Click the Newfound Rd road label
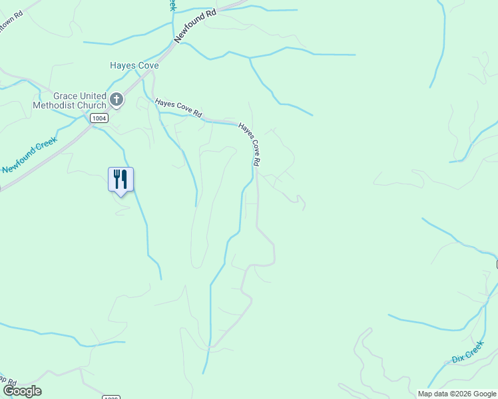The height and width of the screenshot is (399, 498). tap(196, 27)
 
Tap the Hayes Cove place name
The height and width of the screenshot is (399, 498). tap(134, 65)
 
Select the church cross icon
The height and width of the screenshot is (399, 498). tap(117, 100)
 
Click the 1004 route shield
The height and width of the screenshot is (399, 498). tap(99, 118)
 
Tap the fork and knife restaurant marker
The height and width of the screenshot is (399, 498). tap(121, 179)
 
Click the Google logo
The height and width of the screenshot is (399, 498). tap(21, 391)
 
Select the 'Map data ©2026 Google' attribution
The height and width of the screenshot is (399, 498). tap(457, 394)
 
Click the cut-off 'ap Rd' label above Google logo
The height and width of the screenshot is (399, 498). tap(8, 383)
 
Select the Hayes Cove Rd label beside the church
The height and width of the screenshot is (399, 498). tap(178, 108)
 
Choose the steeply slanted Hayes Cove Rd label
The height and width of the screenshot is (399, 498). tap(250, 144)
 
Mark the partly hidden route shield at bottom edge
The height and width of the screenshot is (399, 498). tap(111, 397)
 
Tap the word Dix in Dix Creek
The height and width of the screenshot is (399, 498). tap(457, 360)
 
